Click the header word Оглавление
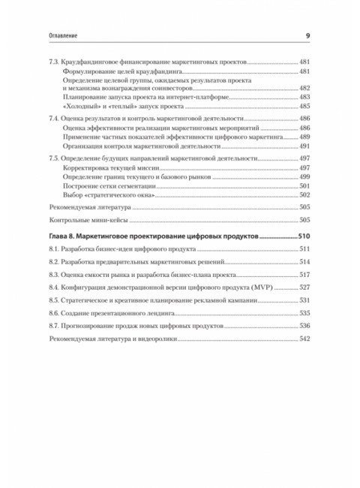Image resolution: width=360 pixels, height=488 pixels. point(46,37)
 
